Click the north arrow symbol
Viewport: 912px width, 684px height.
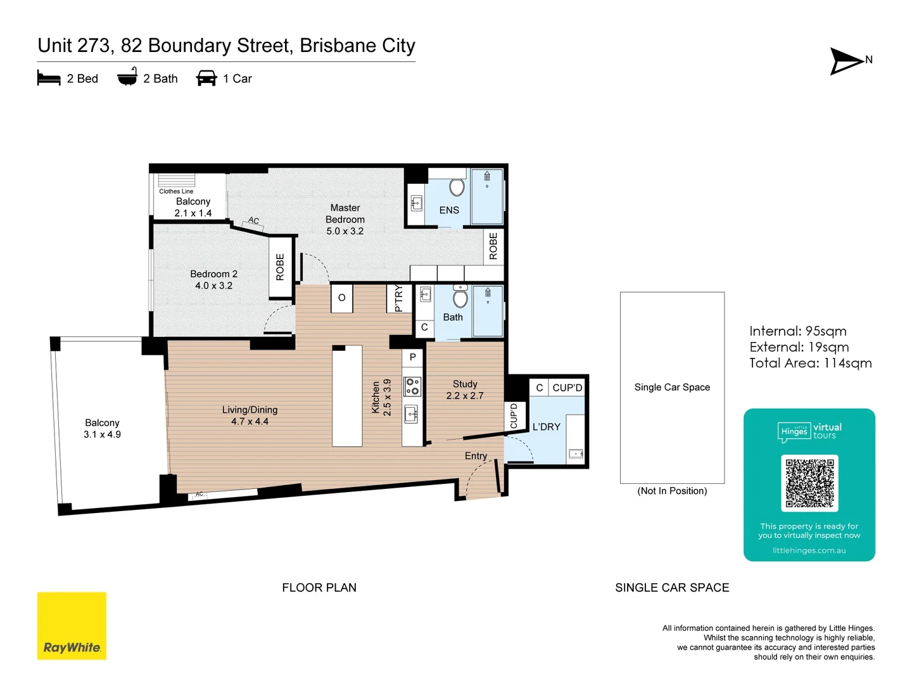(847, 61)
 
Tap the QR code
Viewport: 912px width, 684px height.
(809, 483)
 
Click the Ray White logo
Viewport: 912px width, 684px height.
(72, 626)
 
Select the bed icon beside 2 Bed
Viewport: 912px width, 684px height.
(49, 79)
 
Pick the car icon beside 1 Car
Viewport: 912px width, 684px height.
(206, 79)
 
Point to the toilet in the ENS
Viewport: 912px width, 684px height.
(457, 187)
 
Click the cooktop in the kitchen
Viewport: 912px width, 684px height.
(412, 386)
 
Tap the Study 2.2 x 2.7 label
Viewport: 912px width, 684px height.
(465, 389)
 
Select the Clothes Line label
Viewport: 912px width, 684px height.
(176, 191)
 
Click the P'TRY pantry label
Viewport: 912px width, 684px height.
(398, 298)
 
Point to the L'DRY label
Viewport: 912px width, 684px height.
(546, 427)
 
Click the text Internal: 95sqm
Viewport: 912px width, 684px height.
(797, 331)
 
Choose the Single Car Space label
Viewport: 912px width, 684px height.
(672, 387)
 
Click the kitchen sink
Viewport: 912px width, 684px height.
(412, 415)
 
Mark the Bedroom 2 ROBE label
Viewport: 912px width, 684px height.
(280, 267)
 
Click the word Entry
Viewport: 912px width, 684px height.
(476, 456)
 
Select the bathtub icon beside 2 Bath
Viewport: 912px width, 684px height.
(127, 77)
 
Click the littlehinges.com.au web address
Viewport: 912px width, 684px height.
(809, 550)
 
